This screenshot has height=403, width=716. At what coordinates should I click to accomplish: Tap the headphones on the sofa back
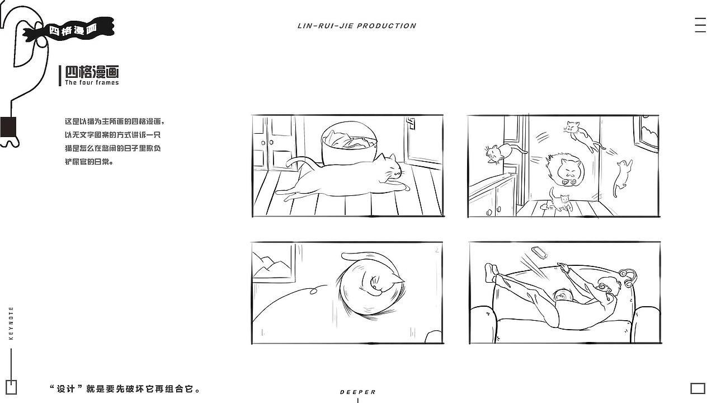pyautogui.click(x=628, y=278)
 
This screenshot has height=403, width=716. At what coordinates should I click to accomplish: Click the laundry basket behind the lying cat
pyautogui.click(x=349, y=143)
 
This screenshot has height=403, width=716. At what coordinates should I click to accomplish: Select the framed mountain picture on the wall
pyautogui.click(x=274, y=263)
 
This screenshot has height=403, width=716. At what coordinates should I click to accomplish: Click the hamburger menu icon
pyautogui.click(x=700, y=25)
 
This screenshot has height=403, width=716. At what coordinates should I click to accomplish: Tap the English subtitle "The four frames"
pyautogui.click(x=92, y=82)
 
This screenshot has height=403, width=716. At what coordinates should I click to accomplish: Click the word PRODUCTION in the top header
pyautogui.click(x=387, y=26)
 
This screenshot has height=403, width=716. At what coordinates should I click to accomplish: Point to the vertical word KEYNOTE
pyautogui.click(x=11, y=323)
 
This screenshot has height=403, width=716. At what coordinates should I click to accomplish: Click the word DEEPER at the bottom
pyautogui.click(x=357, y=392)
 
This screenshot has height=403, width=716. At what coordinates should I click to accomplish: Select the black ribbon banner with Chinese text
pyautogui.click(x=69, y=30)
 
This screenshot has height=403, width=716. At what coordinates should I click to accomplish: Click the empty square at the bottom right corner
pyautogui.click(x=698, y=388)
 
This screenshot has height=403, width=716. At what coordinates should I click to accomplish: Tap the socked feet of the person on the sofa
pyautogui.click(x=491, y=273)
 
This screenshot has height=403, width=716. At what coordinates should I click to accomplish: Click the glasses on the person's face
pyautogui.click(x=602, y=287)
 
